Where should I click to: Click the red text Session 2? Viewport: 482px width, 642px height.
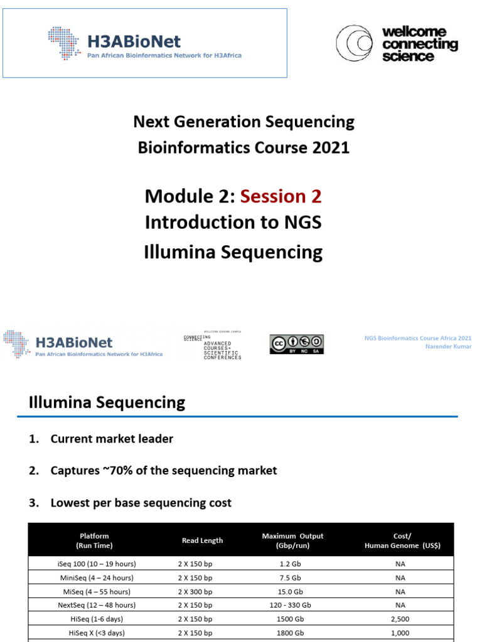click(x=281, y=196)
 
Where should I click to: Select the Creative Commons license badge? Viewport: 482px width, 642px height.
click(x=297, y=344)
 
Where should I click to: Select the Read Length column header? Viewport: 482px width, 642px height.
click(x=202, y=540)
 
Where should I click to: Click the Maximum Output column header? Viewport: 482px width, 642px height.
click(x=292, y=540)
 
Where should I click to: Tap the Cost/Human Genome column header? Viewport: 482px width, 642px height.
click(x=402, y=540)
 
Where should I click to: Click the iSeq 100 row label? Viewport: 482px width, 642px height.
click(x=96, y=564)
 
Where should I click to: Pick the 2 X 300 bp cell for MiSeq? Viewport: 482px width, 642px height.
click(x=195, y=591)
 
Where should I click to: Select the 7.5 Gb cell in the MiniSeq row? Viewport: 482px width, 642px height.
click(x=289, y=577)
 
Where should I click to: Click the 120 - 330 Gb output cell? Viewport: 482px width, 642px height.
click(x=289, y=605)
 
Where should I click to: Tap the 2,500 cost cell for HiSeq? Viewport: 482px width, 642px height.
click(x=400, y=619)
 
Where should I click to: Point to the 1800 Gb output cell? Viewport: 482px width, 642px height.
click(x=289, y=633)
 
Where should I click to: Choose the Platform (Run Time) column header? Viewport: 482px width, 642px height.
click(x=94, y=540)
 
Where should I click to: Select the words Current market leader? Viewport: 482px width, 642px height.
click(x=112, y=439)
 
